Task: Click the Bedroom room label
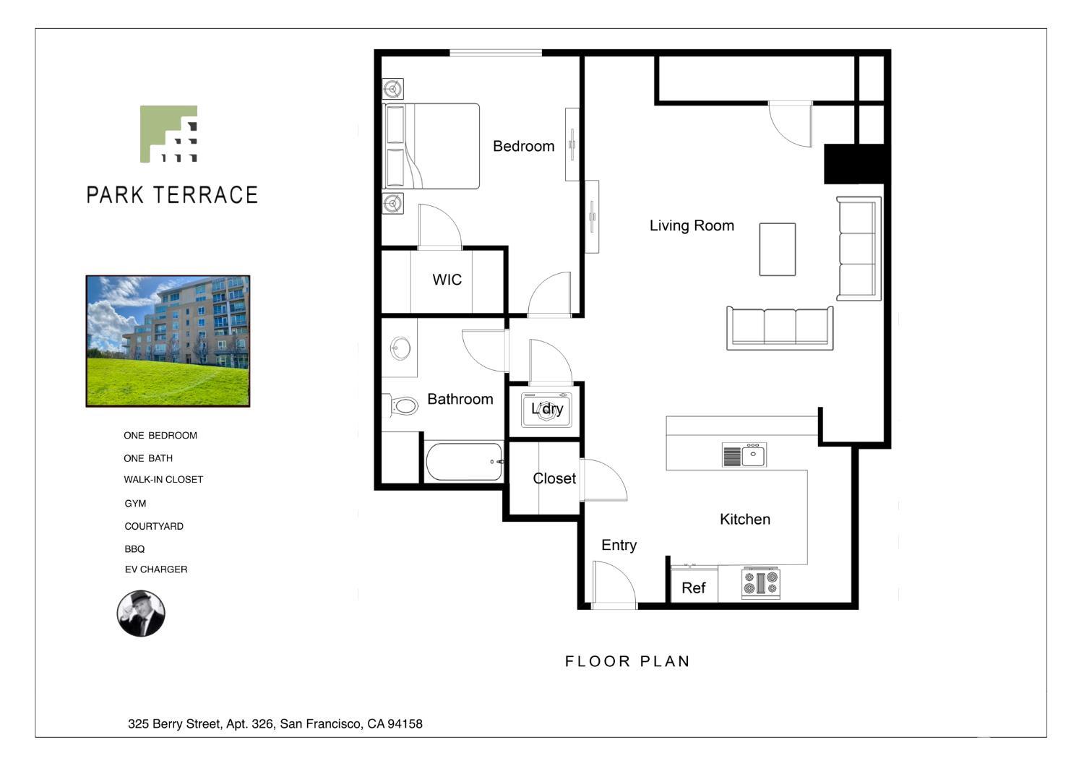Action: pyautogui.click(x=524, y=146)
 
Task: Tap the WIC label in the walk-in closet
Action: pyautogui.click(x=447, y=280)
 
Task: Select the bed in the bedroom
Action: pyautogui.click(x=431, y=146)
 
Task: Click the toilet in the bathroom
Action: pyautogui.click(x=401, y=405)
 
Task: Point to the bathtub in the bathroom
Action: pyautogui.click(x=464, y=462)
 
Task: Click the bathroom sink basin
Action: pyautogui.click(x=400, y=348)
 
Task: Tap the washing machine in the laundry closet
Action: pyautogui.click(x=546, y=410)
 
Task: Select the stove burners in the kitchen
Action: pyautogui.click(x=761, y=582)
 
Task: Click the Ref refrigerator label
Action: pyautogui.click(x=694, y=588)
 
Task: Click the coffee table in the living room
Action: pyautogui.click(x=777, y=249)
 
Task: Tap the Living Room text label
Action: pyautogui.click(x=692, y=225)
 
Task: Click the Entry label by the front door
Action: pyautogui.click(x=619, y=546)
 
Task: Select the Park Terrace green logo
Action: pyautogui.click(x=168, y=134)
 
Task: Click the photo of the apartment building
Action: pyautogui.click(x=168, y=341)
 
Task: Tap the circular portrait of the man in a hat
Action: pyautogui.click(x=141, y=613)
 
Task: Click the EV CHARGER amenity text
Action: pyautogui.click(x=156, y=569)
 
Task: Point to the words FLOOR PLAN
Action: pyautogui.click(x=628, y=661)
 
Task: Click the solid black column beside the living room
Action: pyautogui.click(x=856, y=164)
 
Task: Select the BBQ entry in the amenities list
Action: pyautogui.click(x=134, y=549)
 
